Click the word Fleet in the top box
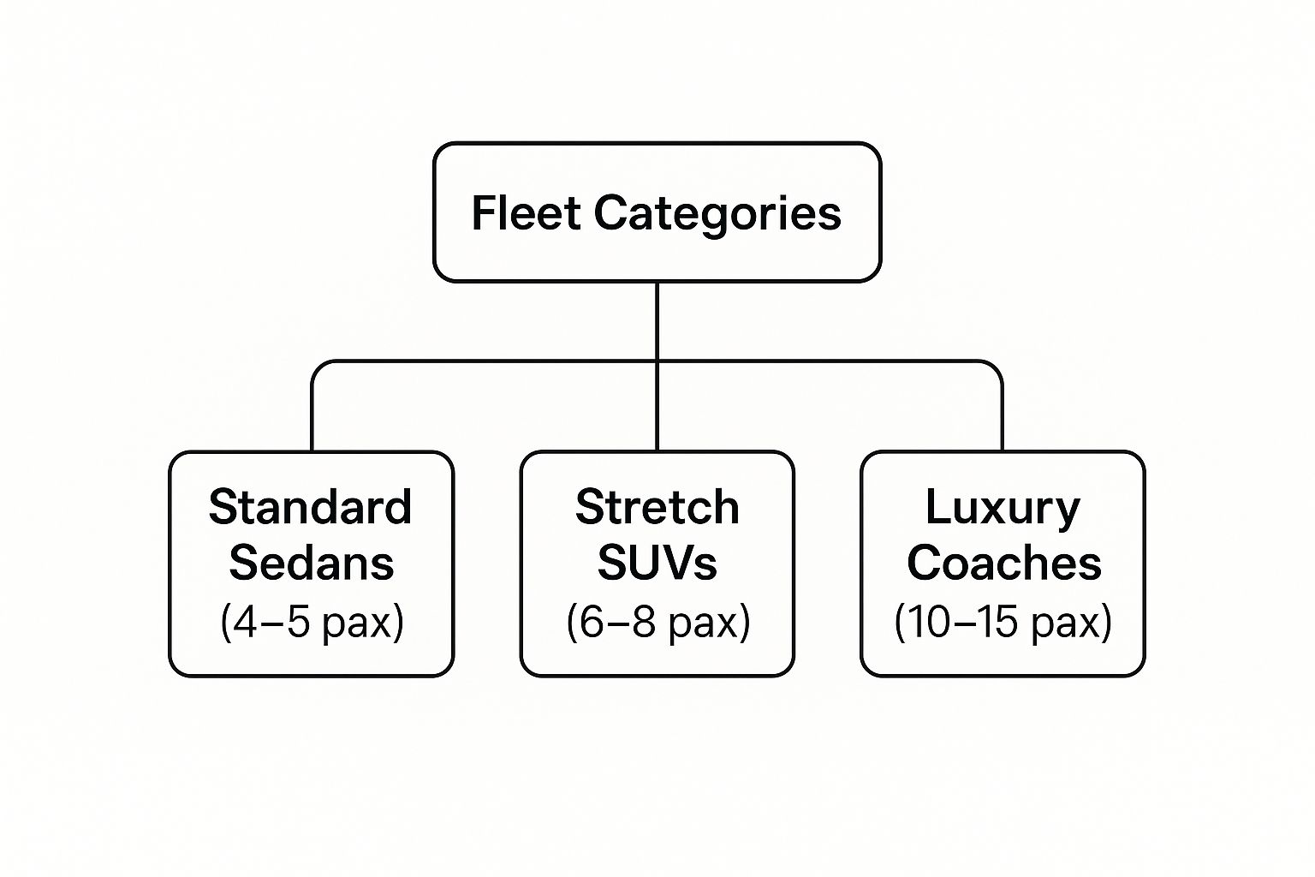526,212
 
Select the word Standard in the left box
311,507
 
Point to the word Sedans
312,563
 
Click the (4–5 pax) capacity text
312,622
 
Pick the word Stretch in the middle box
657,507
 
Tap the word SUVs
657,563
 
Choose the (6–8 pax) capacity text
657,622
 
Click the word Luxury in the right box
1003,508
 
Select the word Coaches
1003,563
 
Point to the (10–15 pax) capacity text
1003,622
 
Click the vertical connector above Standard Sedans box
312,411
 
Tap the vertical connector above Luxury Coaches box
1002,411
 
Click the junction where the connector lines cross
657,361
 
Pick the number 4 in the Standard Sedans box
245,623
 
